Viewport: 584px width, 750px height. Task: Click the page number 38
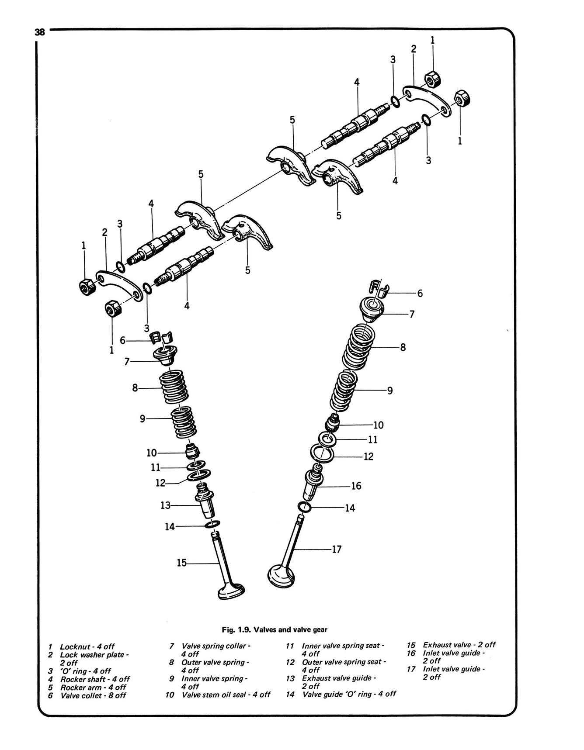pos(39,32)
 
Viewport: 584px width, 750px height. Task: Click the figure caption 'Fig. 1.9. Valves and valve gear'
pos(275,629)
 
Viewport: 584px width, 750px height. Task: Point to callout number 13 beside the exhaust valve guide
pos(165,505)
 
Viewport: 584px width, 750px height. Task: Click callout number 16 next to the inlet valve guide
pos(356,486)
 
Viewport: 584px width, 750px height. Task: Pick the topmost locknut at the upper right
pos(432,79)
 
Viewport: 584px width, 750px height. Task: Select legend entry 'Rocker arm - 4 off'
pos(93,687)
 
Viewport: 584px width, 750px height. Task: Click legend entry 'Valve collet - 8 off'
pos(93,695)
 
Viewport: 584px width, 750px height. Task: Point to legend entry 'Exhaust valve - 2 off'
pos(459,645)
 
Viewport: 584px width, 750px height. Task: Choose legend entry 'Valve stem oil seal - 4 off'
pos(226,695)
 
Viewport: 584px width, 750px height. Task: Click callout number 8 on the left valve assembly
pos(135,387)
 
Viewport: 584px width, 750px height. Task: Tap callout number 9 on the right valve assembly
pos(390,391)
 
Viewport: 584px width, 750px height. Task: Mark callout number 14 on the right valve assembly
pos(350,508)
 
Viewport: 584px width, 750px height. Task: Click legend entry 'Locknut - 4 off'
pos(87,646)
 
